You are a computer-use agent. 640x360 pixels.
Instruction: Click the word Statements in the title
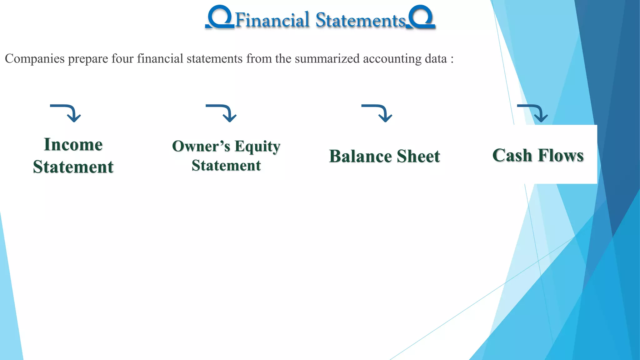(x=360, y=21)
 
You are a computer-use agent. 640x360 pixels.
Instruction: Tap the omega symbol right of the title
(x=421, y=17)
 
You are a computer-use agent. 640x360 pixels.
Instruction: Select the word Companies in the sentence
(x=35, y=59)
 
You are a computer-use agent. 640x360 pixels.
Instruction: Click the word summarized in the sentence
(x=327, y=59)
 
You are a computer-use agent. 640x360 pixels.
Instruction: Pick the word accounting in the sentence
(x=392, y=59)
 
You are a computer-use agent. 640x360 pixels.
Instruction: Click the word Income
(x=73, y=145)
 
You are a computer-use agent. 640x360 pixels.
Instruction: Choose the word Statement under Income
(x=73, y=167)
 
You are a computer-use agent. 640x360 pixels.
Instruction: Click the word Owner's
(x=201, y=146)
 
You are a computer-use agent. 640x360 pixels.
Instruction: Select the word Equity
(x=257, y=146)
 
